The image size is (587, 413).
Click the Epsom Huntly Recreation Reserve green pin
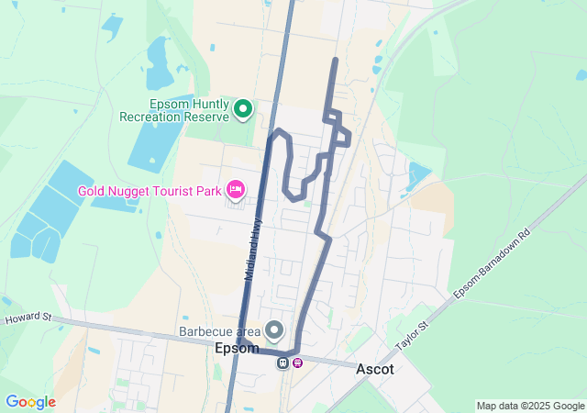click(x=243, y=109)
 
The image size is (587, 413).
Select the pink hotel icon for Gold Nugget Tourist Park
click(x=235, y=190)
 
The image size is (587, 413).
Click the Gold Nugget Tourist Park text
click(x=150, y=191)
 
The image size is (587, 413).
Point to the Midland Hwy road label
click(x=253, y=247)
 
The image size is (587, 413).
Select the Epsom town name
click(x=237, y=349)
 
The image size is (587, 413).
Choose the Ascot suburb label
click(x=375, y=369)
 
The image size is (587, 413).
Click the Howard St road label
click(x=28, y=318)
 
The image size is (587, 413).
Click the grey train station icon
click(x=283, y=362)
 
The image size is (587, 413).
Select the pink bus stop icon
click(x=298, y=362)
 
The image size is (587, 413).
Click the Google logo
click(x=30, y=402)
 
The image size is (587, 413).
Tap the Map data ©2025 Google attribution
click(x=530, y=406)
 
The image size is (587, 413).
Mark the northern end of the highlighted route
click(x=335, y=60)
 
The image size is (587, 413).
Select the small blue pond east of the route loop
click(x=417, y=175)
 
